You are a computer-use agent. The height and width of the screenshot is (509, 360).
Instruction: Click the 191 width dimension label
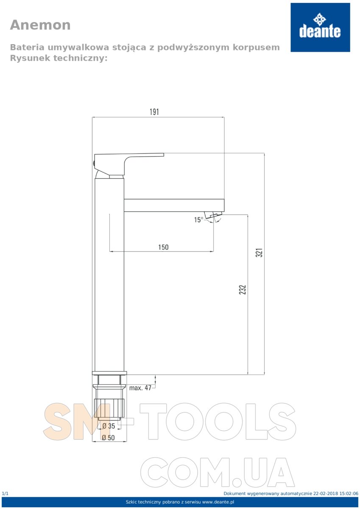coord(154,112)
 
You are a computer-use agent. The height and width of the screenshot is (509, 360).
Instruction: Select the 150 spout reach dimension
coord(163,247)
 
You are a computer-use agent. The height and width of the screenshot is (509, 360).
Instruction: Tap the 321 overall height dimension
coord(259,252)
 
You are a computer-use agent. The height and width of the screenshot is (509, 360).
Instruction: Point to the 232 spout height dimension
coord(243,289)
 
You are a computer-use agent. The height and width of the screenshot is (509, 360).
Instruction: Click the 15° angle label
coord(198,220)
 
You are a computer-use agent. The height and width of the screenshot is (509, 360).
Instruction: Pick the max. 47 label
coord(140,388)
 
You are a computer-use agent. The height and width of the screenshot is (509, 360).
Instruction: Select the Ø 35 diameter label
coord(109,426)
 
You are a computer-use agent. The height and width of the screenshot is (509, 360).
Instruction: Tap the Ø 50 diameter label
coord(109,437)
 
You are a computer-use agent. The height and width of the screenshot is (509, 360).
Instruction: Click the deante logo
coord(320,27)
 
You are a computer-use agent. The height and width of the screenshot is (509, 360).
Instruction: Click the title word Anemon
coord(40,25)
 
